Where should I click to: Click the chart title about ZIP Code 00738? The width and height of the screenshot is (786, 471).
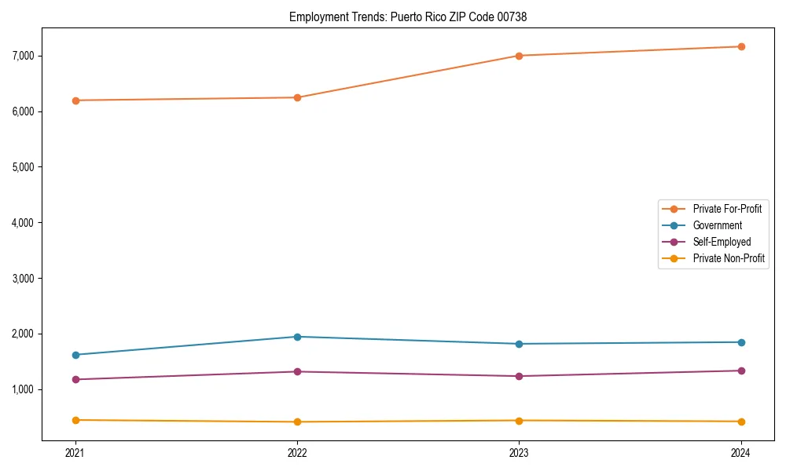[x=408, y=16]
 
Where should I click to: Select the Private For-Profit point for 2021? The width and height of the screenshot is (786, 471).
[x=75, y=100]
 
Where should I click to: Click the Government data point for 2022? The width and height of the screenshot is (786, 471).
[x=297, y=337]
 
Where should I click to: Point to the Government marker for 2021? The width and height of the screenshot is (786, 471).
[x=75, y=355]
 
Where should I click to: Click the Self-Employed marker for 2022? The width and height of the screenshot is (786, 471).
[x=297, y=371]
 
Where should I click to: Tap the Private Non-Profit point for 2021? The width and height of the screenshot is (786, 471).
[x=75, y=420]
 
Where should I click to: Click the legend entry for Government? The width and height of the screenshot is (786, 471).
[x=717, y=225]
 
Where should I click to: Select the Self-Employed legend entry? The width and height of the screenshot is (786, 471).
[x=722, y=242]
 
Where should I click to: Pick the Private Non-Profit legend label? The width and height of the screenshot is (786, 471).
[x=729, y=258]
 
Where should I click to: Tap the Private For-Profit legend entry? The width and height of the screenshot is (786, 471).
[x=727, y=209]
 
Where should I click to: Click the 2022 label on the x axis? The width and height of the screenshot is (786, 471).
[x=297, y=453]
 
